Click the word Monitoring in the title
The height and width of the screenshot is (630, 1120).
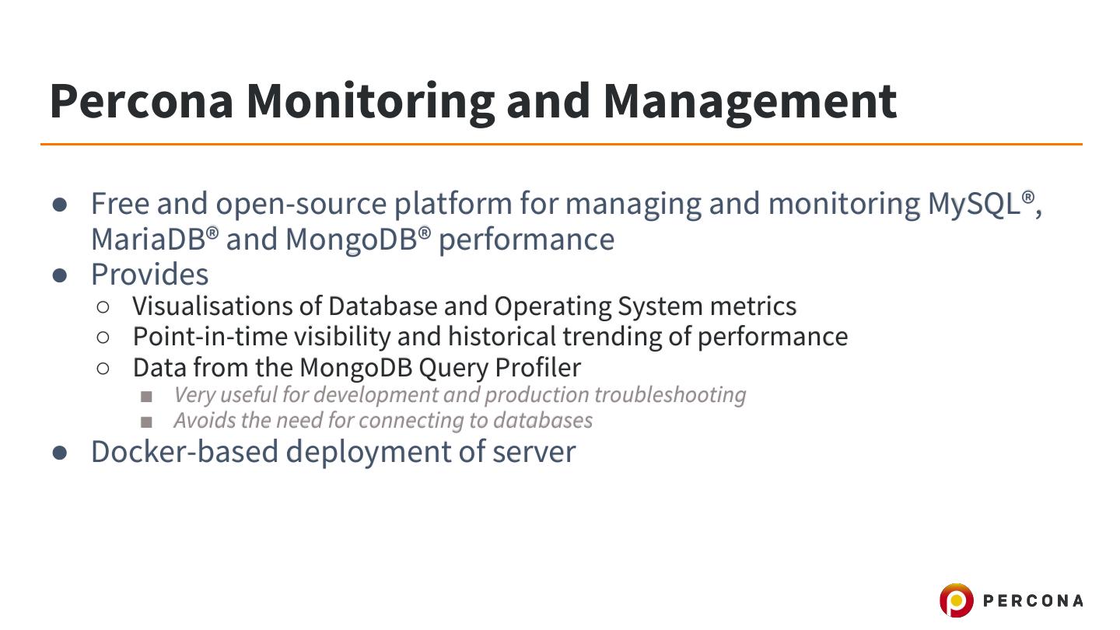pyautogui.click(x=371, y=101)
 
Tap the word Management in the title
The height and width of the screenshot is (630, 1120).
pyautogui.click(x=749, y=101)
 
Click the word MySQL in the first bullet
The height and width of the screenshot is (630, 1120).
pyautogui.click(x=973, y=204)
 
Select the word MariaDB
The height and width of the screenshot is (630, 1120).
pyautogui.click(x=148, y=239)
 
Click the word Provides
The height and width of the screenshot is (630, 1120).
pyautogui.click(x=149, y=275)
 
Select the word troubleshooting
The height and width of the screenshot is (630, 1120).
pyautogui.click(x=670, y=395)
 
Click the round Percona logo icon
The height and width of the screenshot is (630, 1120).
pyautogui.click(x=956, y=600)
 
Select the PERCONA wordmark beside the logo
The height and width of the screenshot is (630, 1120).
pyautogui.click(x=1033, y=600)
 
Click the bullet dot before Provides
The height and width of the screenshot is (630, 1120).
pyautogui.click(x=61, y=275)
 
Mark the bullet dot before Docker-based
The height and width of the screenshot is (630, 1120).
pyautogui.click(x=61, y=453)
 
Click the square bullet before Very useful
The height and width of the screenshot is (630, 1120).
pyautogui.click(x=146, y=397)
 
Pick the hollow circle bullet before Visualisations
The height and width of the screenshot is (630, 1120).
pyautogui.click(x=103, y=307)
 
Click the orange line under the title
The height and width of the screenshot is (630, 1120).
pyautogui.click(x=560, y=144)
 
